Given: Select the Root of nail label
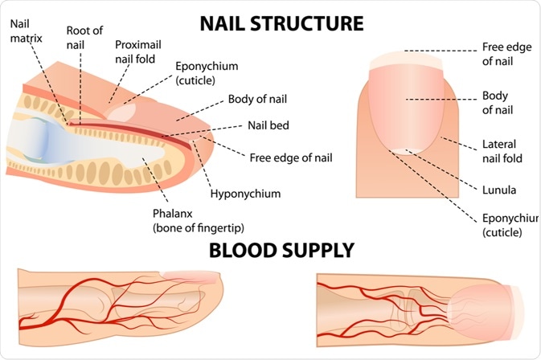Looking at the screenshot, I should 84,37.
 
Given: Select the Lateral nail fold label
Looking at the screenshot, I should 502,149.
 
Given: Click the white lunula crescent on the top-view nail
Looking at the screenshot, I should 403,149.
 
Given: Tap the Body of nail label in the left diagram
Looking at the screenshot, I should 257,100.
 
